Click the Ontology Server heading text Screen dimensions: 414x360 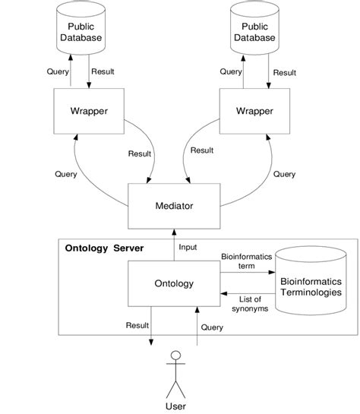pyautogui.click(x=109, y=248)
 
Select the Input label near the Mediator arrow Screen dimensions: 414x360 pyautogui.click(x=186, y=247)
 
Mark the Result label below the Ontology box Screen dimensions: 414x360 pyautogui.click(x=137, y=324)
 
